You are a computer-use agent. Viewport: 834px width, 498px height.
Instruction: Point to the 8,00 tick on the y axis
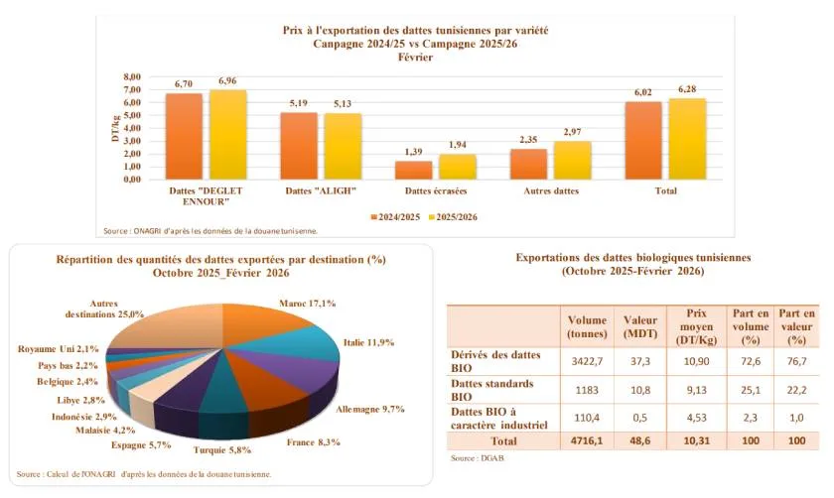click(x=131, y=77)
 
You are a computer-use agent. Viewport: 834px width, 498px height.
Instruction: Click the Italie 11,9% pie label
click(x=368, y=342)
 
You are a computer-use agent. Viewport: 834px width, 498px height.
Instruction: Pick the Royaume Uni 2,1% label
click(x=59, y=349)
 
